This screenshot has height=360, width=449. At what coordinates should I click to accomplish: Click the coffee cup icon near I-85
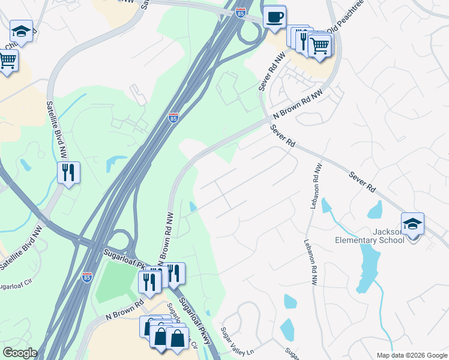click(274, 17)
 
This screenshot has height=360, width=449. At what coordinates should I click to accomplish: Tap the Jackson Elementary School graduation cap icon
click(412, 224)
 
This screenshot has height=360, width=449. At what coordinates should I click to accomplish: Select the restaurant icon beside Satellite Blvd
click(68, 173)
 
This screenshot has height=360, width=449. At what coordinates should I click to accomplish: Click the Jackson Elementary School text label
click(370, 236)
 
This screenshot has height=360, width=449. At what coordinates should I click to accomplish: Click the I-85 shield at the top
click(241, 13)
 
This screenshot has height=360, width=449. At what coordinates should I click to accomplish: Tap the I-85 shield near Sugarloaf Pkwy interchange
click(87, 277)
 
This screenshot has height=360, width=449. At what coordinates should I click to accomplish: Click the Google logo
click(20, 353)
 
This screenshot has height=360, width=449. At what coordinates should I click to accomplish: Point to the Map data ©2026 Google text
click(411, 355)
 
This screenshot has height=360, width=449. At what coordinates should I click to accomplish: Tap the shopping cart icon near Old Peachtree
click(320, 44)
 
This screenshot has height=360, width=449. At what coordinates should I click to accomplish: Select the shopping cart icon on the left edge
click(7, 59)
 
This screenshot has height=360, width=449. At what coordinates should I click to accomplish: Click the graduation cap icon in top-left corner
click(21, 32)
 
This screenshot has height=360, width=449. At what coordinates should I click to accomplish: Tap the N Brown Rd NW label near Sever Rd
click(298, 104)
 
